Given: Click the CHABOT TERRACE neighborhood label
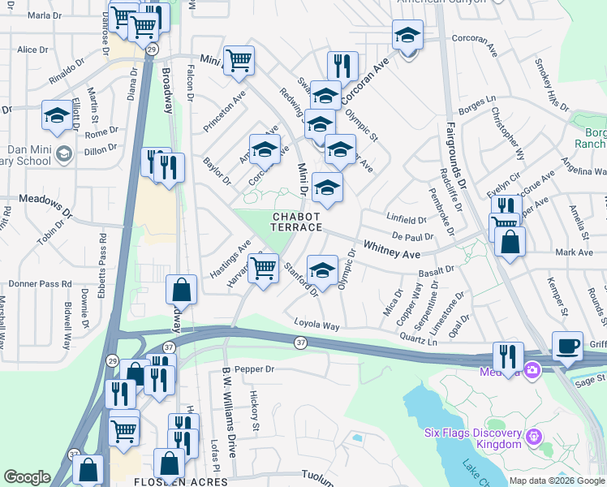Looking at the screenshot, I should (297, 222).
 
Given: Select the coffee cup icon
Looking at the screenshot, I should (567, 346).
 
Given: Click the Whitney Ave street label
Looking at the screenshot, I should (392, 249).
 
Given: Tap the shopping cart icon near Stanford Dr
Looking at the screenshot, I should (263, 269).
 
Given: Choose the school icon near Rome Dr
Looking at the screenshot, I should (56, 116).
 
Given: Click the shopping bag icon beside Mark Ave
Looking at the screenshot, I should (510, 241).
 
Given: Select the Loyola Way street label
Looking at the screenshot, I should (316, 325).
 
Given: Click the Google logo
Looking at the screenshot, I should (27, 477).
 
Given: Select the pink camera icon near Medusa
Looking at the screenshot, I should (532, 371).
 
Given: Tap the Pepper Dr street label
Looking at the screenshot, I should (255, 369).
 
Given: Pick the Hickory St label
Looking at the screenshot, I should (254, 411).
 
